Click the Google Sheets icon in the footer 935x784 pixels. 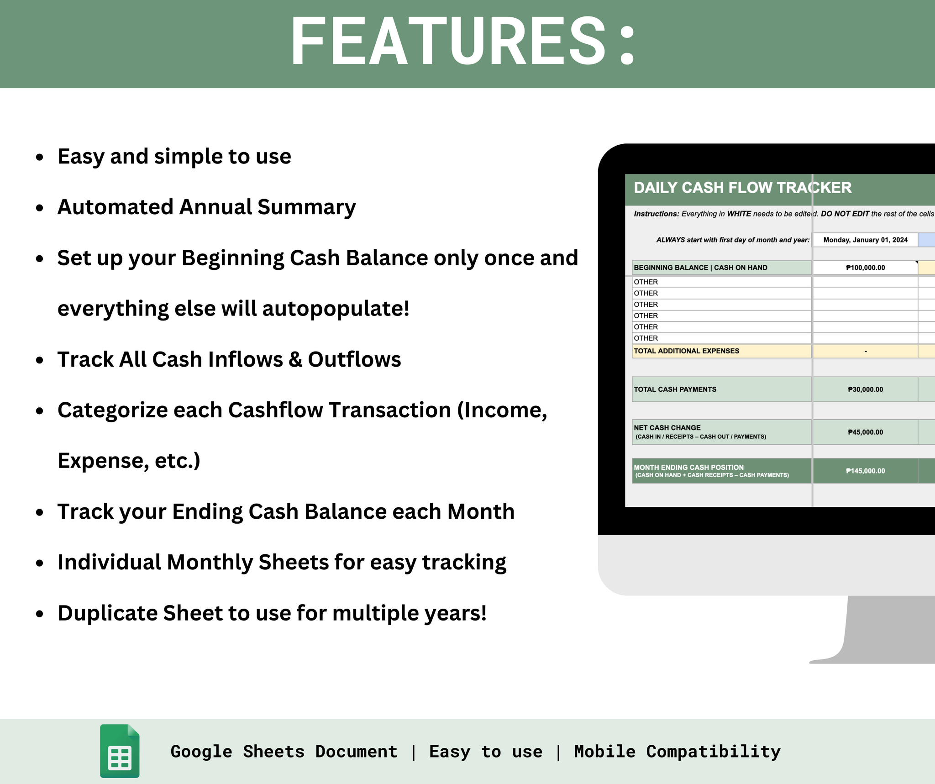tap(120, 751)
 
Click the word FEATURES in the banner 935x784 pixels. tap(448, 42)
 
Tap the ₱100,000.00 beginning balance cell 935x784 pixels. tap(865, 268)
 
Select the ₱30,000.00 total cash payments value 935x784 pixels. tap(865, 389)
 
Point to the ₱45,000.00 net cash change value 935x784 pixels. tap(865, 432)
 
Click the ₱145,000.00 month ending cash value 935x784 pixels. tap(865, 471)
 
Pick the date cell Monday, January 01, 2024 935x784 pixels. tap(865, 240)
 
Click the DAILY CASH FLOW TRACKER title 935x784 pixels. tap(742, 188)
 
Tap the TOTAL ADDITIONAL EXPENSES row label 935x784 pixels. tap(686, 351)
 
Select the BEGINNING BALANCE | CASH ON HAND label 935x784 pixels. tap(700, 268)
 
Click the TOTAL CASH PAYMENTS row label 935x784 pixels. tap(675, 389)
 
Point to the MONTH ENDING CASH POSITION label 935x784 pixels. tap(688, 467)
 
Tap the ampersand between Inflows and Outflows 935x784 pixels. tap(295, 359)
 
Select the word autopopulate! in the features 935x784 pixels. tap(336, 309)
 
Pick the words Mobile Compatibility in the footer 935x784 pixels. tap(677, 752)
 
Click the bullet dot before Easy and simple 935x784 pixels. tap(40, 157)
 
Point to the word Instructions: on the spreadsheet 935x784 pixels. tap(656, 214)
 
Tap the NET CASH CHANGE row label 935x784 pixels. tap(667, 428)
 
